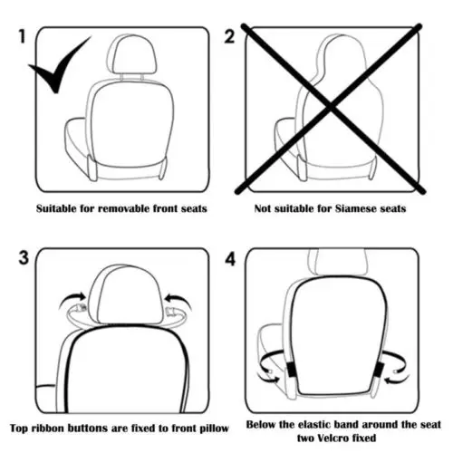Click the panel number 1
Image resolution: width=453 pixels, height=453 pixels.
pos(22,36)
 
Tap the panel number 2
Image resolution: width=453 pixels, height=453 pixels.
pos(229,36)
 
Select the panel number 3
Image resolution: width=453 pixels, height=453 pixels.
pos(24,258)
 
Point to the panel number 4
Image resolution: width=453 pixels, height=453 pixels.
pos(230,259)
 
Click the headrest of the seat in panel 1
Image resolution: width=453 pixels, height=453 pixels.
pos(131,54)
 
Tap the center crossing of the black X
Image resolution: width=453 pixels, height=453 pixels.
pos(331,108)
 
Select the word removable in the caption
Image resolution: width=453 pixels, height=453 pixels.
pos(124,208)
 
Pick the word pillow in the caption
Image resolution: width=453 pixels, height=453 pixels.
pos(212,429)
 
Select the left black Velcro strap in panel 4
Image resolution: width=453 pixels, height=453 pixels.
pos(291,369)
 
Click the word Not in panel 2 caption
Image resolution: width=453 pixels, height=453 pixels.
pos(262,208)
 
